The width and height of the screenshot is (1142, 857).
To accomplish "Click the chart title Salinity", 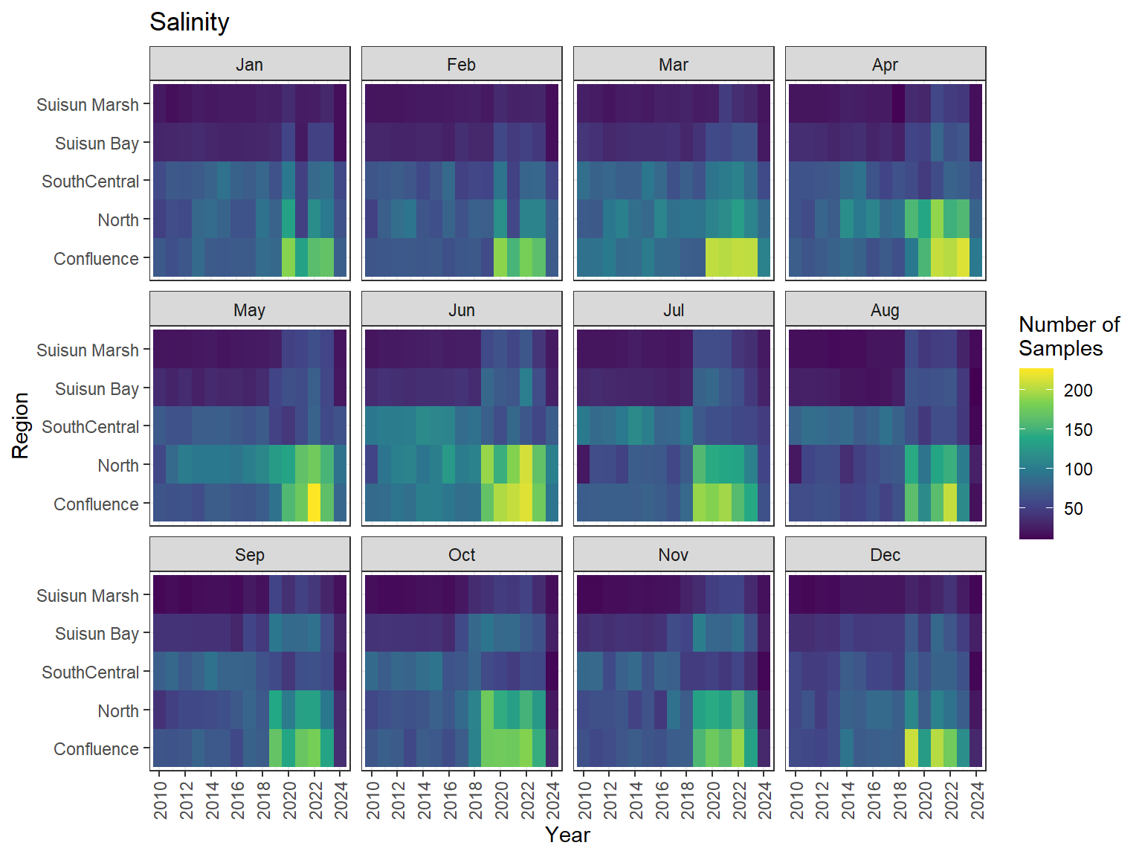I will [189, 22].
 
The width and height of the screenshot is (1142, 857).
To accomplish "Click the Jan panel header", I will [249, 65].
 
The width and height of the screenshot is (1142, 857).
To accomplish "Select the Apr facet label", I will [885, 65].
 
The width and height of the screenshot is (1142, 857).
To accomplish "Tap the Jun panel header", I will [461, 310].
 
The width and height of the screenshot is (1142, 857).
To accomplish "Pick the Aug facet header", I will [885, 310].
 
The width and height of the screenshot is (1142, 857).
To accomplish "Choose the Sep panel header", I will [249, 555].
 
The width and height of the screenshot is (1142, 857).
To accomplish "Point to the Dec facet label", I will [885, 555].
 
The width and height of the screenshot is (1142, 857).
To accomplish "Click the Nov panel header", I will [673, 555].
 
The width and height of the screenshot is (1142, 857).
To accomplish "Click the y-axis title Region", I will [20, 426].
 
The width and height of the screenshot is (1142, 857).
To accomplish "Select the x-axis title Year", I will [567, 835].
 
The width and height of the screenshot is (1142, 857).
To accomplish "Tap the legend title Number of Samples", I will [1068, 336].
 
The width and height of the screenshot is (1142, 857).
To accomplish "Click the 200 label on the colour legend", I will [1077, 391].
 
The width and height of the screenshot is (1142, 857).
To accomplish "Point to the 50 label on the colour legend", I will [1073, 509].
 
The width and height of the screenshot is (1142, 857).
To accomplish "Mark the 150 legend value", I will [1077, 430].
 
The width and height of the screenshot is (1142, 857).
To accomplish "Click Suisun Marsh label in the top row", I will [87, 105].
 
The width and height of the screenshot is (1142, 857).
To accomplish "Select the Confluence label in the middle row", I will [96, 504].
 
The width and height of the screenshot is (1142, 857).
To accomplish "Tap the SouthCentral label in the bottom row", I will [90, 673].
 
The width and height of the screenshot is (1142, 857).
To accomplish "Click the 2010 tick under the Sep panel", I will [160, 800].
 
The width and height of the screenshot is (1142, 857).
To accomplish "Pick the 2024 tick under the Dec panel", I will [977, 800].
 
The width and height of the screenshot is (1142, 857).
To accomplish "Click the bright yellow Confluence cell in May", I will [314, 503].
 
